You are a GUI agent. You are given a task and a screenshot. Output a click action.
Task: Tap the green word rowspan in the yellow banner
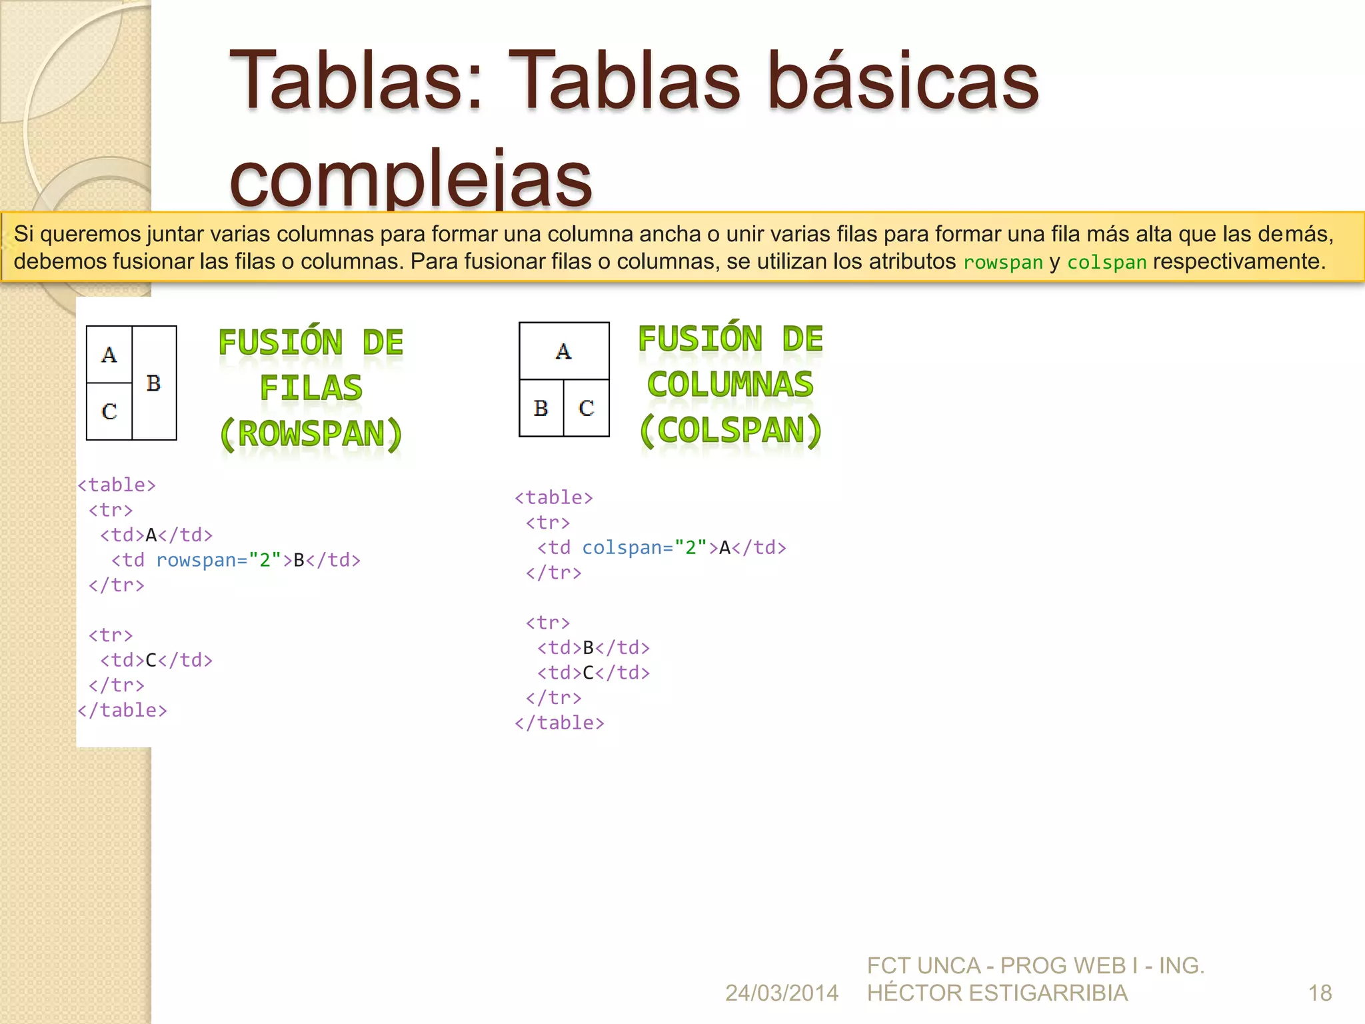1002,263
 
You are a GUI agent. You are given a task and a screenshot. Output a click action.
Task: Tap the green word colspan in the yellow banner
1106,263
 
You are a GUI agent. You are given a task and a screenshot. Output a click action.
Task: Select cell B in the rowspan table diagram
154,383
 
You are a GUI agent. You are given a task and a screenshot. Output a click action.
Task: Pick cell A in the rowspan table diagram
109,355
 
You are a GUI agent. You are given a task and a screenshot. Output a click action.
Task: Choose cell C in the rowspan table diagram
109,411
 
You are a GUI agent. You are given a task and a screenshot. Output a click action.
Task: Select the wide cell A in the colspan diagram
564,351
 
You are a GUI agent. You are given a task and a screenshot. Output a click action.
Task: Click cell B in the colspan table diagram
541,408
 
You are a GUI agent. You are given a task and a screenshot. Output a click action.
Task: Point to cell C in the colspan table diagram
587,408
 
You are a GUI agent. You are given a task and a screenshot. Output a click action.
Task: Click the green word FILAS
311,388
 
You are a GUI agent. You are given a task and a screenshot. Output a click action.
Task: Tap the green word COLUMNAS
730,385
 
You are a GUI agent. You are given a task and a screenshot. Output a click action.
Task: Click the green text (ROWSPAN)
311,434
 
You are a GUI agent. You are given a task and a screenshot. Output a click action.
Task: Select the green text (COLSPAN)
730,431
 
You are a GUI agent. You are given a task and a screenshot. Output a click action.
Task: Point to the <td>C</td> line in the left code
157,660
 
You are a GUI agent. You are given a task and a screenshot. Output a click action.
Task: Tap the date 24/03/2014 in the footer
781,993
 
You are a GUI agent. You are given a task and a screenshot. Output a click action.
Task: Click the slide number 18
1320,993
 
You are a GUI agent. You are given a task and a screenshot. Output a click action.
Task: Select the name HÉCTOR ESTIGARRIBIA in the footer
997,993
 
